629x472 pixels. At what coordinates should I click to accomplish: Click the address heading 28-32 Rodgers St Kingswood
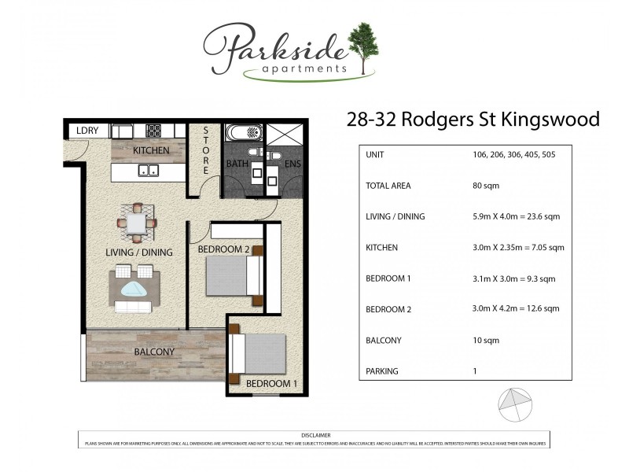(x=473, y=120)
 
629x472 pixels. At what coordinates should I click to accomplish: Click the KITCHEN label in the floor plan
(x=151, y=149)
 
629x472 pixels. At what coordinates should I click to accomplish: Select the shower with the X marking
(x=284, y=135)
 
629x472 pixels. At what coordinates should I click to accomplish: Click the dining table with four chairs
(x=137, y=223)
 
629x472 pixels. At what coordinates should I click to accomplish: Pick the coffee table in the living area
(x=135, y=289)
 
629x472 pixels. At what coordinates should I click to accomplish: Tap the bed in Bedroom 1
(x=260, y=353)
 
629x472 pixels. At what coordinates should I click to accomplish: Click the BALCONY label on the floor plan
(x=132, y=352)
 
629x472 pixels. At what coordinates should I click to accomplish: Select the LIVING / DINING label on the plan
(x=138, y=253)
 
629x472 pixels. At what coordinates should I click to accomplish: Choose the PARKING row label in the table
(x=382, y=371)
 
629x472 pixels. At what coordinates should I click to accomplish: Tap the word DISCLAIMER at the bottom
(x=315, y=435)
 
